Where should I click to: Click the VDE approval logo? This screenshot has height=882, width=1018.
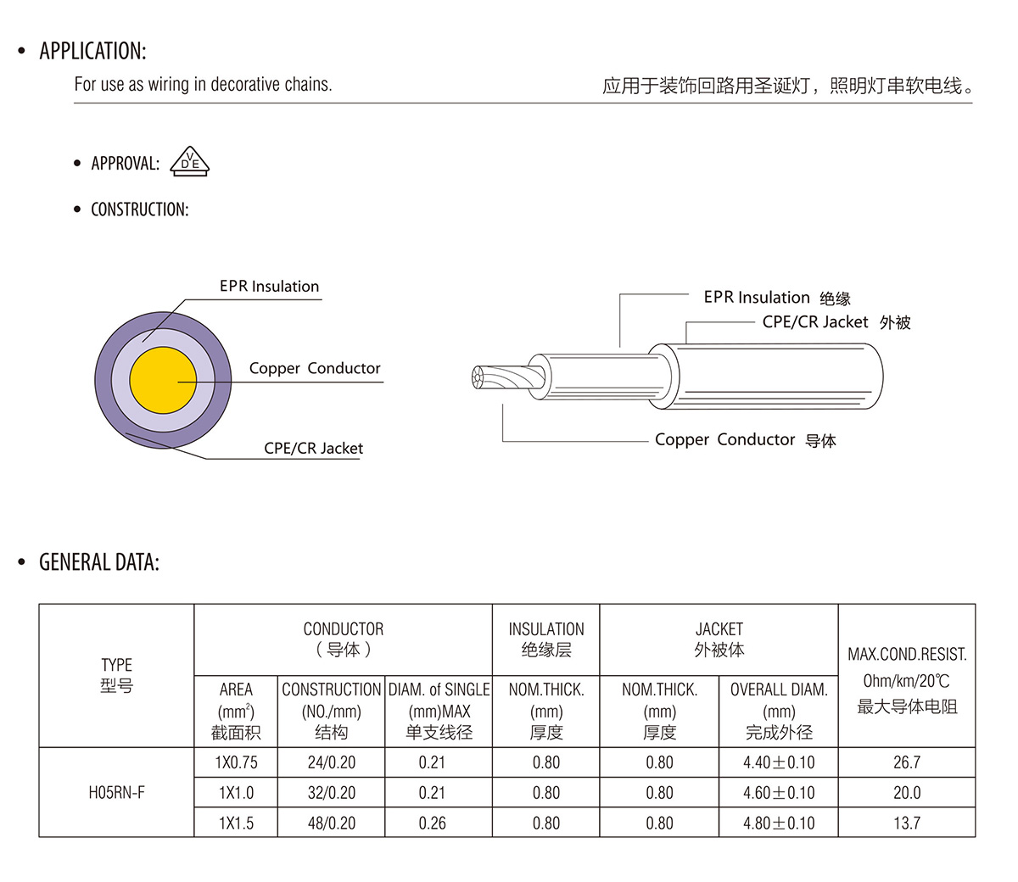coord(190,161)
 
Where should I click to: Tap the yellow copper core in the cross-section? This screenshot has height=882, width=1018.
coord(163,380)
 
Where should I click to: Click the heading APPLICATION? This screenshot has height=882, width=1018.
coord(92,51)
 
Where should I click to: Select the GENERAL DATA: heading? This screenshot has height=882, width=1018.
coord(99,562)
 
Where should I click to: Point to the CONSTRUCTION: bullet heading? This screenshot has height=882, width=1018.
coord(139,209)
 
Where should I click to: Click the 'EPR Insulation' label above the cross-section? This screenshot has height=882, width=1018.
coord(269,286)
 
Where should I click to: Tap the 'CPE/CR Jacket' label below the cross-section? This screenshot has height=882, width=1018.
coord(313,448)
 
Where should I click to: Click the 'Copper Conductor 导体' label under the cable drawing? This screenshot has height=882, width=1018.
coord(745,439)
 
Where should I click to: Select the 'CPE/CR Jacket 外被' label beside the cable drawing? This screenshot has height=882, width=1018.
coord(836,322)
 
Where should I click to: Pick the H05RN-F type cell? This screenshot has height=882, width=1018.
coord(117,792)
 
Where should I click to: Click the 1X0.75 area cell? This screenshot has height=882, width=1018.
coord(236,762)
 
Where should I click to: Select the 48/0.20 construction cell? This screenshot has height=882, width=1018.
coord(332,823)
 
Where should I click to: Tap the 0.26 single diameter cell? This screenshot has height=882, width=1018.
coord(432,823)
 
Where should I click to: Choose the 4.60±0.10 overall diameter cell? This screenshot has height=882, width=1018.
coord(779,792)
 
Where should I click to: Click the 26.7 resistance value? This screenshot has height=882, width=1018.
coord(907,762)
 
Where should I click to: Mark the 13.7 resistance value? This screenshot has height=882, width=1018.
coord(907,823)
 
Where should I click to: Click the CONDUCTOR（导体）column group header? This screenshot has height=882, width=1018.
coord(344,639)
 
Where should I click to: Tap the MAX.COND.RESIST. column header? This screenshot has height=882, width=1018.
coord(907,654)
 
